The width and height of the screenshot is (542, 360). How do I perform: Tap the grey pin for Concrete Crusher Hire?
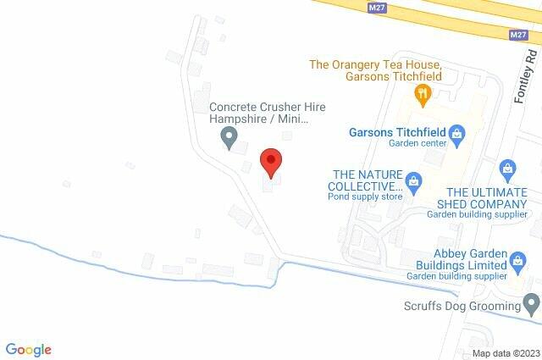(x=228, y=136)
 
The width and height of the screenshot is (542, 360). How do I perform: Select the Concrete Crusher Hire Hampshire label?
(x=268, y=114)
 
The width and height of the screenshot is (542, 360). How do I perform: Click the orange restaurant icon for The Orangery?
(x=418, y=92)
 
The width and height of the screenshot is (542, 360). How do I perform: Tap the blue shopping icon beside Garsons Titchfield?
(x=456, y=133)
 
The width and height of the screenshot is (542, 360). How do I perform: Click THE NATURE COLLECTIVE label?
(x=365, y=180)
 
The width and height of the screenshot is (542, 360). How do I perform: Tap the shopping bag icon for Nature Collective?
(x=413, y=180)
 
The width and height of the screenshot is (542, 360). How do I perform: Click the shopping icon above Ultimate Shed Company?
(x=507, y=168)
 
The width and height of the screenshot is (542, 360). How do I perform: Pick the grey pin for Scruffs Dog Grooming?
(x=531, y=302)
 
